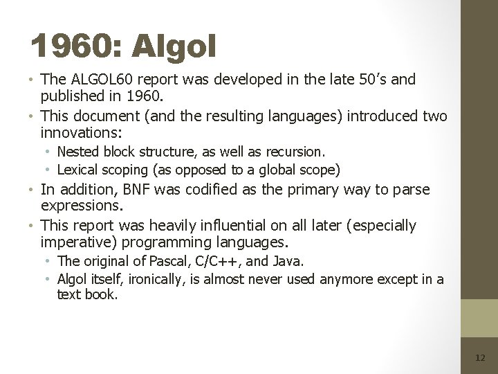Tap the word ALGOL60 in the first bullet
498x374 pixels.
pos(97,80)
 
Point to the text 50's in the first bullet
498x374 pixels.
pos(371,80)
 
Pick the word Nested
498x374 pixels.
pos(77,151)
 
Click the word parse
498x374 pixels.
pos(412,189)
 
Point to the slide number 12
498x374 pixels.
pos(480,357)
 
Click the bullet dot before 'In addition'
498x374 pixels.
pos(33,190)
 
